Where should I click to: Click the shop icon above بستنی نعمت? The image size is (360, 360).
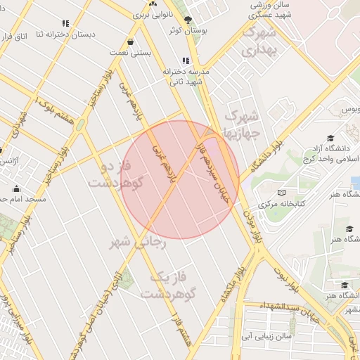click(x=130, y=41)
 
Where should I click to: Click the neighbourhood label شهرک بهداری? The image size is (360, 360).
click(x=255, y=41)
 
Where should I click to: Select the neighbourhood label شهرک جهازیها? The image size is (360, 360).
click(x=241, y=124)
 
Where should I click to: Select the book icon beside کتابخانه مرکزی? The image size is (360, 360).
click(x=281, y=193)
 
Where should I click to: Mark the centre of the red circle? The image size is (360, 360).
click(x=181, y=179)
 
